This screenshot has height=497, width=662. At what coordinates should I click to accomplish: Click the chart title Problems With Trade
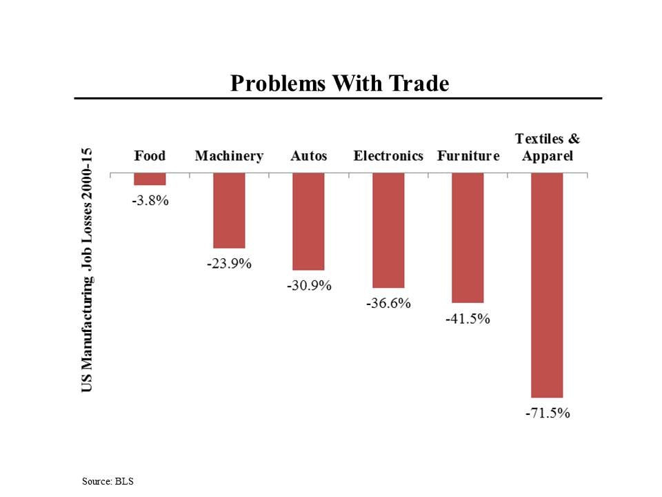[339, 84]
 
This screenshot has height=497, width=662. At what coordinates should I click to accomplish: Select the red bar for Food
[150, 179]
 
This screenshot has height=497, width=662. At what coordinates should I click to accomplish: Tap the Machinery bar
[229, 211]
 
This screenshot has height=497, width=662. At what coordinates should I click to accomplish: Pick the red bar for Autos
[308, 222]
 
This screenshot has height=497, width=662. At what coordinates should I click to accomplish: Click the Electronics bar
[388, 231]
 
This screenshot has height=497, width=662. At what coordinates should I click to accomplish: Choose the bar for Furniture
[468, 238]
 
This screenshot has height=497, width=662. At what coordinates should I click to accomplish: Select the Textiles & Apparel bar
[547, 285]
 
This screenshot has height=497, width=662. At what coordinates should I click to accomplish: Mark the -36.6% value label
[388, 303]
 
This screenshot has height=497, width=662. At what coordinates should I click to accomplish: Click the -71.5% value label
[548, 413]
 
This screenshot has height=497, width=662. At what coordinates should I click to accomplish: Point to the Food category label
[150, 156]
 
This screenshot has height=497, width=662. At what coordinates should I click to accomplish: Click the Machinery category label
[229, 156]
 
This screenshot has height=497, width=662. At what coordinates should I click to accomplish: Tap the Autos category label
[308, 156]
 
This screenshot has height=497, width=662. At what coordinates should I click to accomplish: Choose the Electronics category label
[388, 156]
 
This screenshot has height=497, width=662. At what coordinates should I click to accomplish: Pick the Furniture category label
[468, 156]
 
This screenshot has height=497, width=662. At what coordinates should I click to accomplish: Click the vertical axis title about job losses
[88, 270]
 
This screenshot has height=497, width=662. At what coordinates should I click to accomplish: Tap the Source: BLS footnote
[107, 480]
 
